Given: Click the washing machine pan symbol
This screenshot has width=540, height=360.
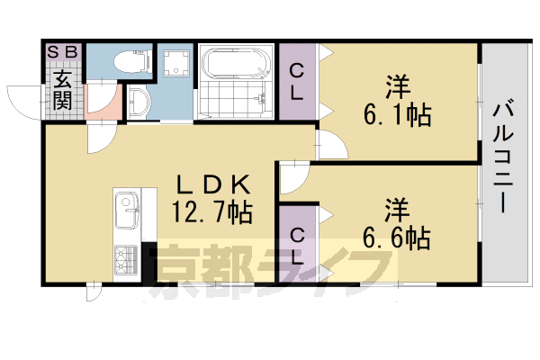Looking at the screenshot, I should tap(174, 64).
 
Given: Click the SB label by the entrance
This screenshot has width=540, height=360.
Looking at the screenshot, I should tap(63, 51).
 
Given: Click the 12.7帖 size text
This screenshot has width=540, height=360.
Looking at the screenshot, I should tap(211, 213).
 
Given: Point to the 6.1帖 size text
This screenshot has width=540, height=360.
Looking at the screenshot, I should tap(396, 114).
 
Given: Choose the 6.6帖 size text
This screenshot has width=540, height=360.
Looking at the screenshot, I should tap(396, 236).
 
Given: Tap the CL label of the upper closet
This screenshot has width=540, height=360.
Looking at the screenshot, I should tap(295, 80).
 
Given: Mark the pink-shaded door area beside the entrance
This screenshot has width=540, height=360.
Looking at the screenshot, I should tap(101, 106).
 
